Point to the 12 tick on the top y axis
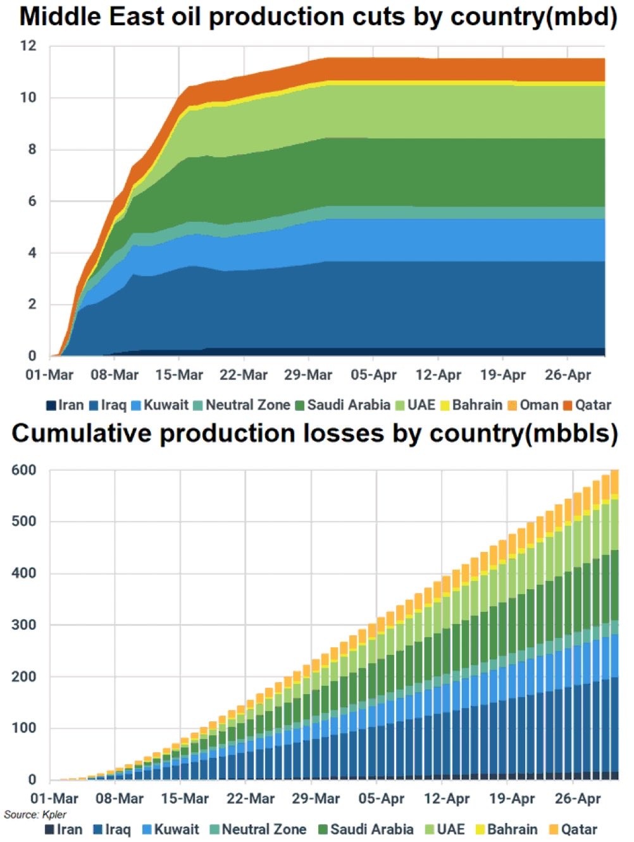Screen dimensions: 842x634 [x=29, y=46]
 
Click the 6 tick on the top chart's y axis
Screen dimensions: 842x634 [x=32, y=201]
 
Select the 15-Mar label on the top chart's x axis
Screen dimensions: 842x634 [x=179, y=375]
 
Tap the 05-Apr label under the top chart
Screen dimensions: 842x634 [x=373, y=375]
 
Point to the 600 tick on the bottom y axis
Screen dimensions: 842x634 [x=24, y=470]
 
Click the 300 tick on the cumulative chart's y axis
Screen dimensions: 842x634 [x=24, y=625]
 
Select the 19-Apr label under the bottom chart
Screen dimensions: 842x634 [x=512, y=799]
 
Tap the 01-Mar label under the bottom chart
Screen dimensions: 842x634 [x=54, y=799]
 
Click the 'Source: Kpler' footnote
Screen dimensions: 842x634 [x=35, y=814]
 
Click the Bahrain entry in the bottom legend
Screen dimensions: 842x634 [x=506, y=829]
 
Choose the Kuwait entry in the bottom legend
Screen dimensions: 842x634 [x=170, y=829]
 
